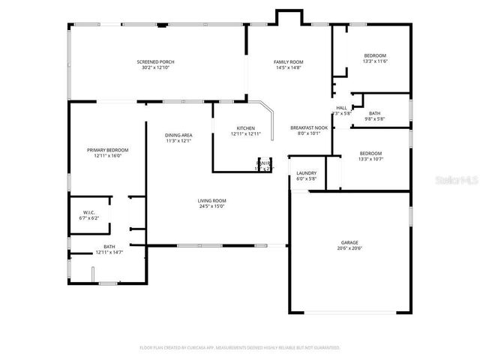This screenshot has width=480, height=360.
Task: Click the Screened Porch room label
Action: click(x=155, y=61)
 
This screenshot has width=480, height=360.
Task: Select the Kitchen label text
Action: click(x=246, y=128)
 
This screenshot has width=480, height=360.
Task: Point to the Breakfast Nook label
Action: click(x=309, y=128)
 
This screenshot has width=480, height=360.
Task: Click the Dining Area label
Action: click(x=178, y=135)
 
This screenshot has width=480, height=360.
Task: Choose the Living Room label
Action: click(x=212, y=200)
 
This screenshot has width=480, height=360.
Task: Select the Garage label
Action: click(x=349, y=242)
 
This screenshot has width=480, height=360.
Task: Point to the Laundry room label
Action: click(x=306, y=173)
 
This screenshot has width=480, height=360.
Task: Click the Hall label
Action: click(x=341, y=108)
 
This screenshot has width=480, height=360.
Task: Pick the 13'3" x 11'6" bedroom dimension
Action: click(x=375, y=61)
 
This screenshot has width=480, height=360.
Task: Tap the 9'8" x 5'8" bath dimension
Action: click(x=374, y=118)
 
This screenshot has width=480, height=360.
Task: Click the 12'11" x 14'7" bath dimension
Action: click(x=109, y=253)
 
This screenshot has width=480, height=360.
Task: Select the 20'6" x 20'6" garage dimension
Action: click(x=349, y=248)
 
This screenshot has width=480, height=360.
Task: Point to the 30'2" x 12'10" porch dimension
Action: click(x=155, y=67)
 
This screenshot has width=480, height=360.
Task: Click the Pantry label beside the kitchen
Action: click(x=263, y=162)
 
